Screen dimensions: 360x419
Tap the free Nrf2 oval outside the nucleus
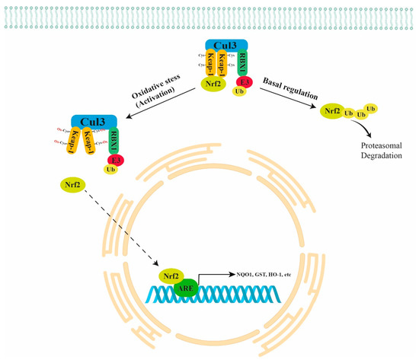[x=70, y=184]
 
